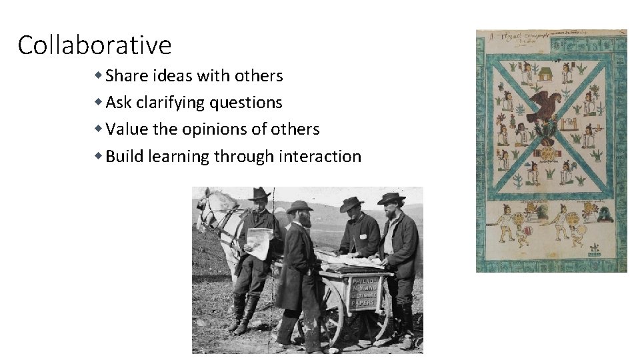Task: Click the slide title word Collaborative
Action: (x=94, y=45)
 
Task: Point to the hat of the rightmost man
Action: (x=391, y=199)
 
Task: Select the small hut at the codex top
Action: (x=545, y=73)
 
